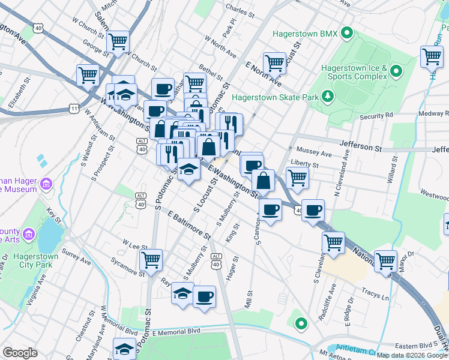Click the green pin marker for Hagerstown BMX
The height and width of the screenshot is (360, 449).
[x=346, y=32]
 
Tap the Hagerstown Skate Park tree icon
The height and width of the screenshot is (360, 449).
[x=328, y=95]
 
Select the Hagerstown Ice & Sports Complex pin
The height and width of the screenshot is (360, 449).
[x=396, y=72]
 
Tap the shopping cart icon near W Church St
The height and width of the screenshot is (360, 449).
[x=118, y=41]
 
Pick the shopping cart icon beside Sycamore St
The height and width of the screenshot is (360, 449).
[x=151, y=259]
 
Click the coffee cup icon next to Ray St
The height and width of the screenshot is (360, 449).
[x=204, y=296]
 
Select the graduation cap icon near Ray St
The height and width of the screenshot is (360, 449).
[x=182, y=293]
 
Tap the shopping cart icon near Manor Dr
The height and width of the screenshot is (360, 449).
[x=385, y=260]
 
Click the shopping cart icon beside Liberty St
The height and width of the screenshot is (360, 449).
[x=297, y=177]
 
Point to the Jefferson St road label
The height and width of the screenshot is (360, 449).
[x=360, y=145]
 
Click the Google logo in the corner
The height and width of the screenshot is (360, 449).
[x=20, y=353]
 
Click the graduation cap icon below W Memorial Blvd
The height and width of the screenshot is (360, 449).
[x=124, y=348]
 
